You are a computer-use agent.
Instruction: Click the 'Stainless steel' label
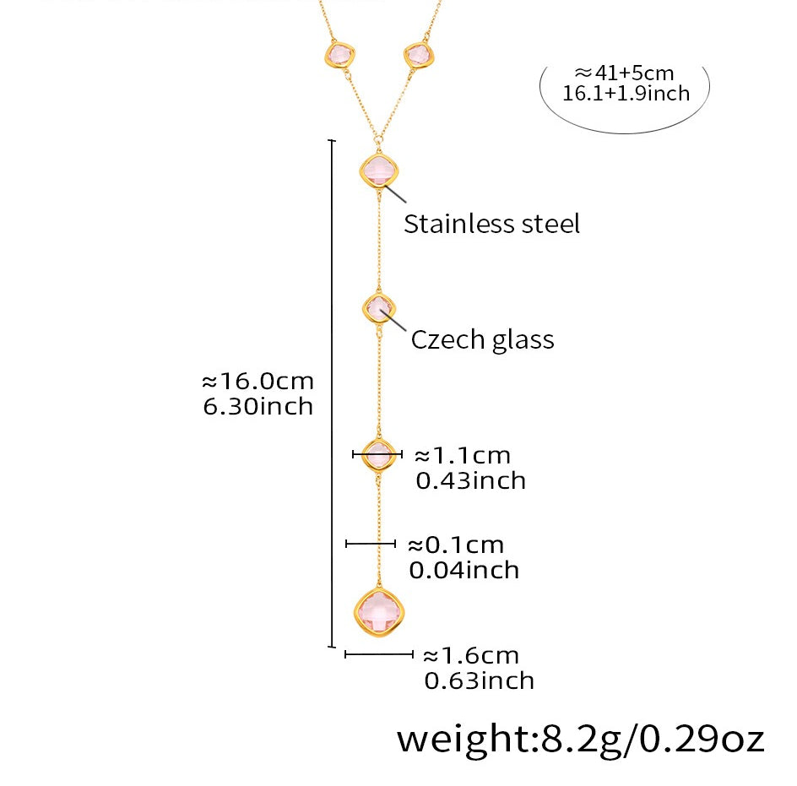[x=491, y=224]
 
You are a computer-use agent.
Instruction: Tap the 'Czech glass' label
[x=482, y=339]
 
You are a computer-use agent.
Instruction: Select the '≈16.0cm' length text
[x=257, y=381]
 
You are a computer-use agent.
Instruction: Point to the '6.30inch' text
[x=258, y=406]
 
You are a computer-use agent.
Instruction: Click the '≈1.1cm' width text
[x=462, y=456]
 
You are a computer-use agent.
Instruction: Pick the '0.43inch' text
[x=470, y=480]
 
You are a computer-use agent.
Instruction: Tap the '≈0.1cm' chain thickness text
[x=455, y=545]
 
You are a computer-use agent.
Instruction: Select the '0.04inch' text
[x=464, y=570]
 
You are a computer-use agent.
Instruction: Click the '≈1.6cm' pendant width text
[x=470, y=655]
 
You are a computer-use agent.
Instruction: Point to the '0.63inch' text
[x=479, y=680]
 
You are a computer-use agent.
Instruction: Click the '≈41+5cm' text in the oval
[x=624, y=73]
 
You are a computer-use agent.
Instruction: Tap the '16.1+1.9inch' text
[x=626, y=93]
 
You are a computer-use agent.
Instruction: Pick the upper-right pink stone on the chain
[x=418, y=55]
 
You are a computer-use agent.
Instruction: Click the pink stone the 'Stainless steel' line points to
[x=379, y=171]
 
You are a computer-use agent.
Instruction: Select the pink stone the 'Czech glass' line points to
[x=378, y=309]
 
